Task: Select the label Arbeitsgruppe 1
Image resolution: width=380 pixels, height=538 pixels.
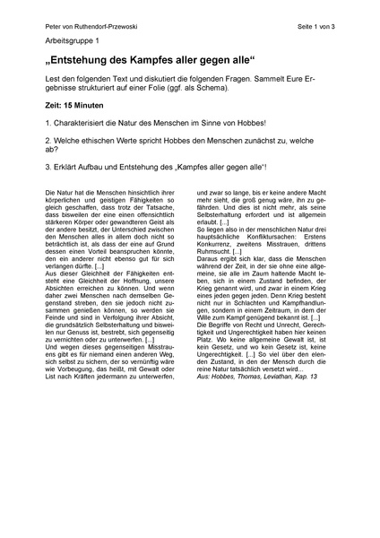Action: [x=73, y=42]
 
